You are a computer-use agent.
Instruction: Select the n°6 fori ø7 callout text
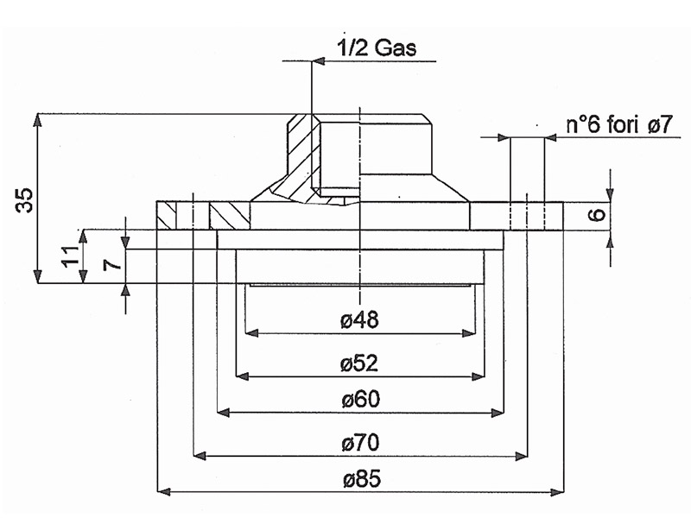click(x=618, y=123)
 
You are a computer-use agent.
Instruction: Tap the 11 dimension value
click(x=70, y=255)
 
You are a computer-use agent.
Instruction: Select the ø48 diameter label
click(x=360, y=319)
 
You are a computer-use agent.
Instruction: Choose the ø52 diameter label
click(x=360, y=363)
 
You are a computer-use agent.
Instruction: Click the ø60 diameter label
click(x=360, y=400)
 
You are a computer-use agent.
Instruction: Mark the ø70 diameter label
click(x=360, y=444)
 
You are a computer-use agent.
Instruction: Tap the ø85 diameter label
click(x=360, y=479)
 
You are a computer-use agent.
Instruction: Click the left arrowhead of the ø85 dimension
click(x=162, y=491)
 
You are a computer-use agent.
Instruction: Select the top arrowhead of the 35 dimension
click(x=37, y=119)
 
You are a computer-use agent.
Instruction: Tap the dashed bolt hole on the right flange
click(x=527, y=215)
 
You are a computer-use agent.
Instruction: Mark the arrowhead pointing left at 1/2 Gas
click(x=317, y=60)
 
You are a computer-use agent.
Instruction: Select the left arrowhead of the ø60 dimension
click(x=223, y=413)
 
